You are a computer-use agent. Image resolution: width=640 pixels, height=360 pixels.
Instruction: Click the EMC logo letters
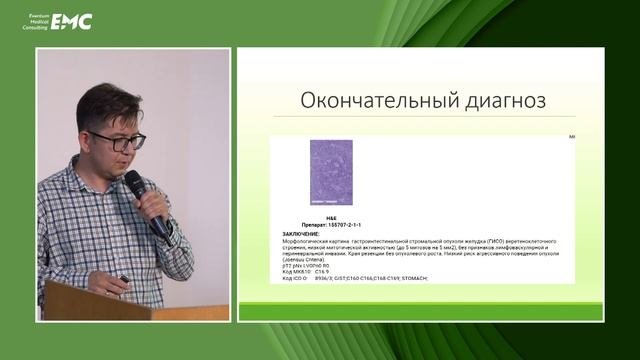(x=72, y=21)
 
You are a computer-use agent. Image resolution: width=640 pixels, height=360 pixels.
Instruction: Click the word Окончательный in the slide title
(x=361, y=101)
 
